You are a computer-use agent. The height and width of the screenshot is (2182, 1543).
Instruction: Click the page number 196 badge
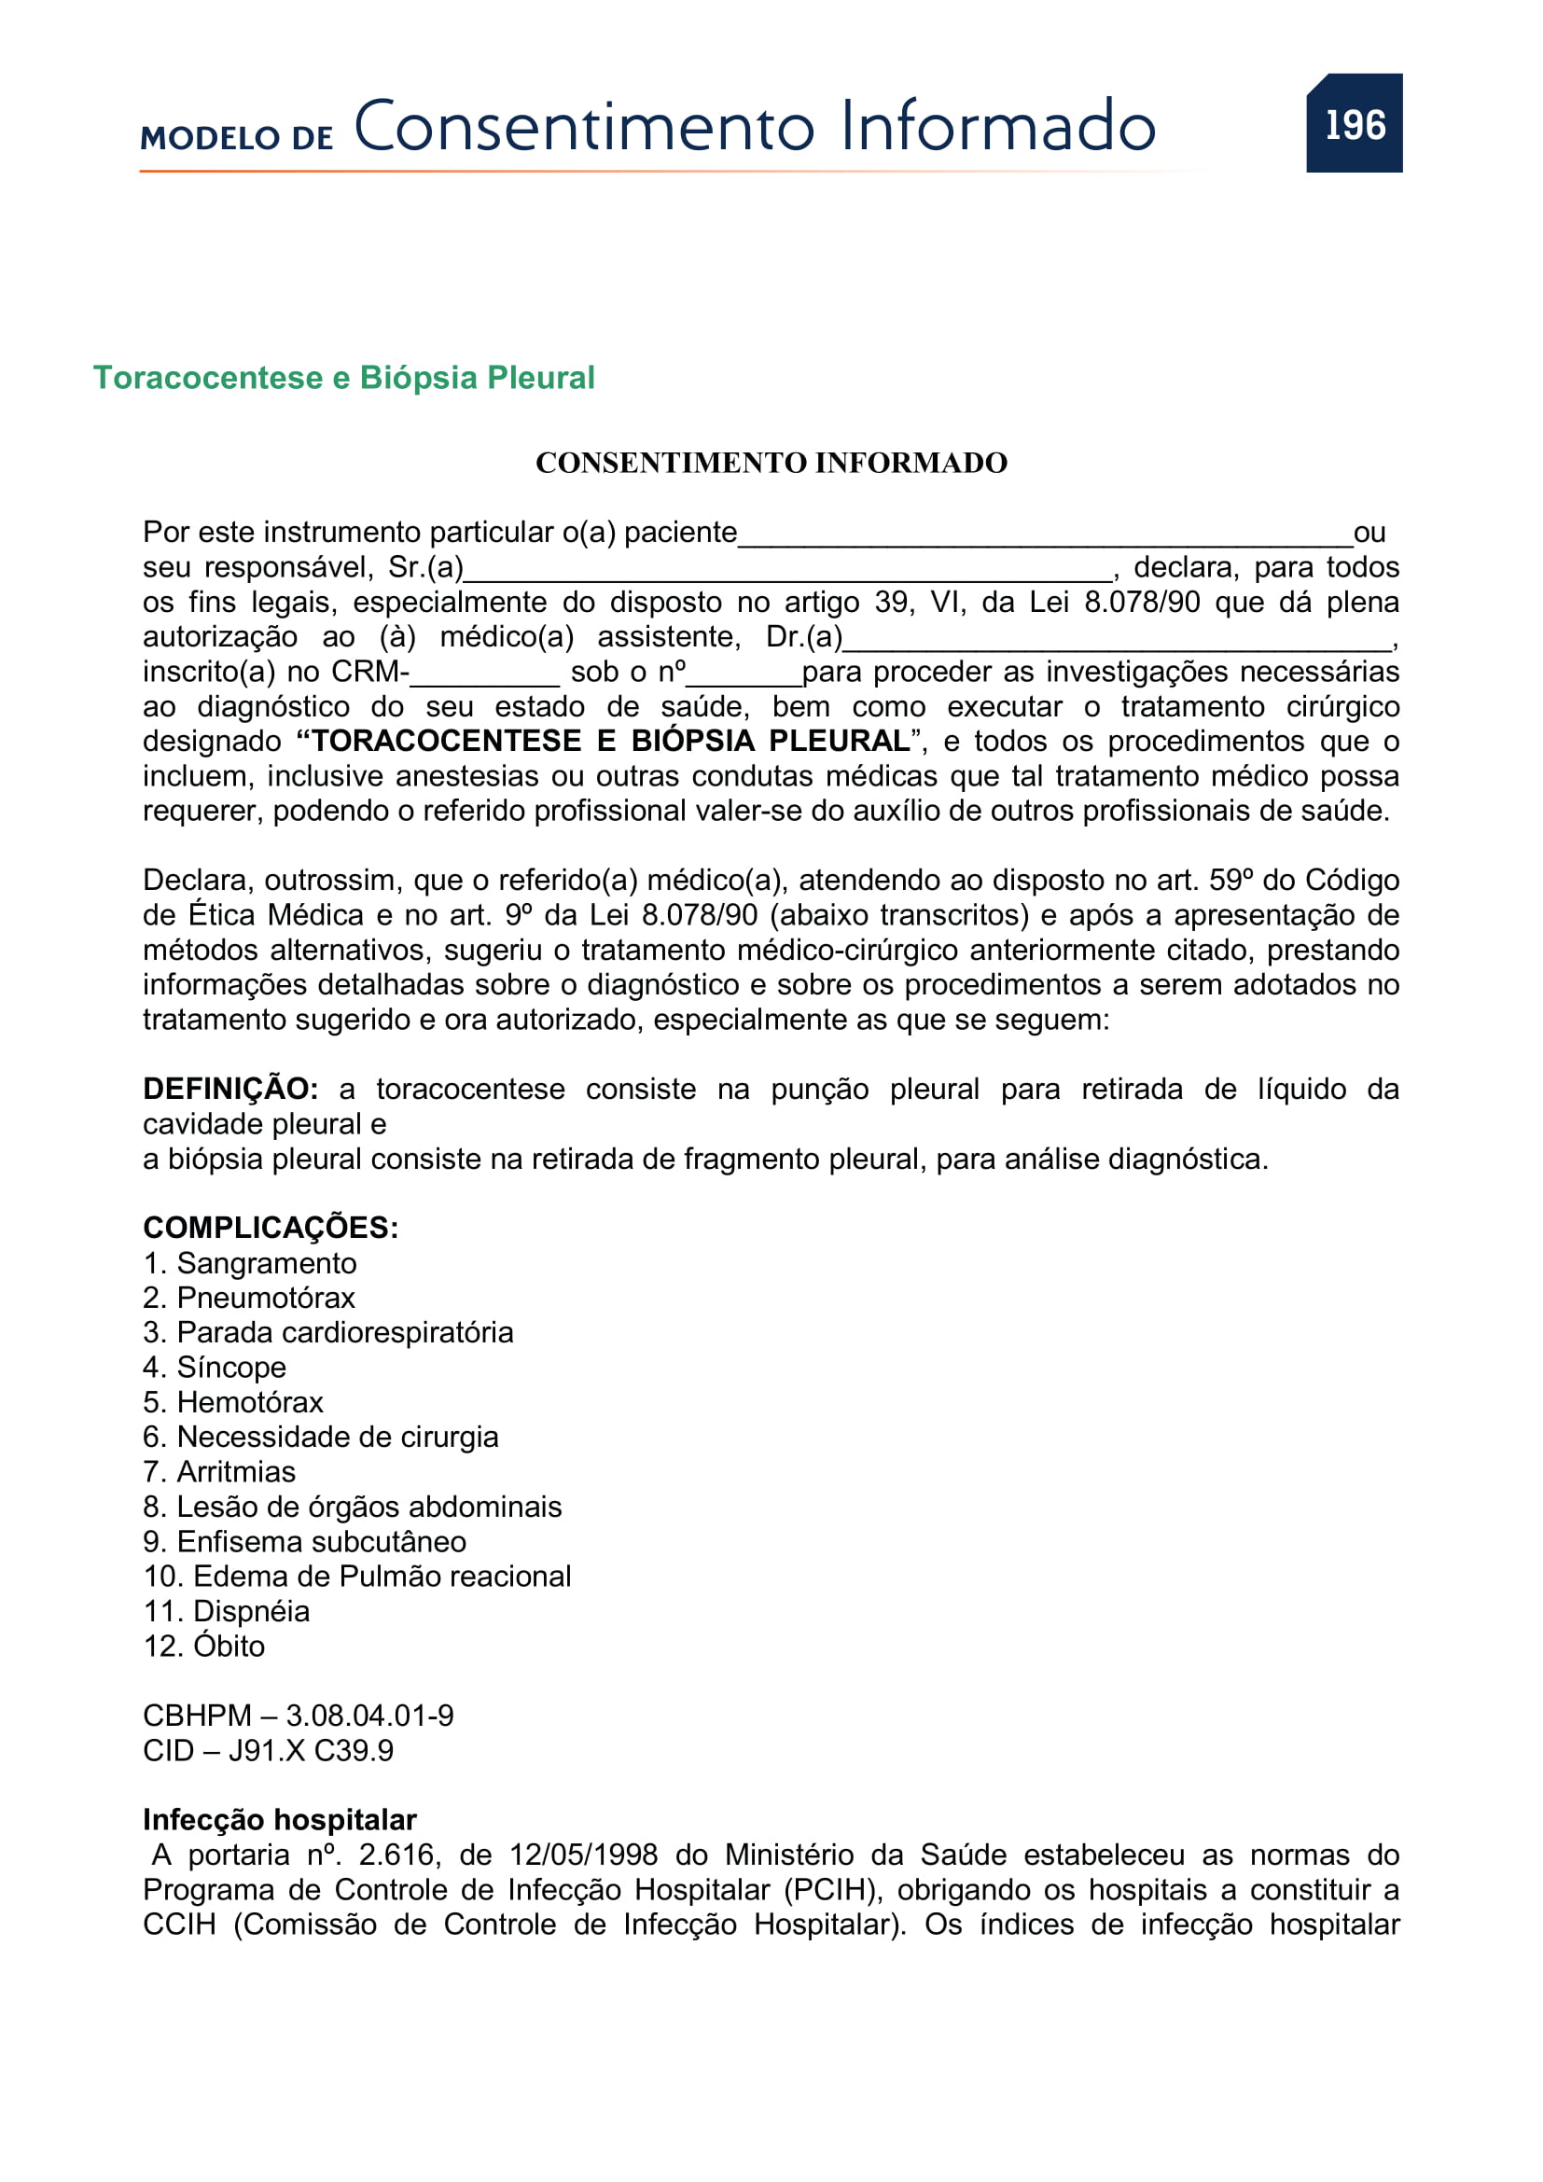tap(1354, 123)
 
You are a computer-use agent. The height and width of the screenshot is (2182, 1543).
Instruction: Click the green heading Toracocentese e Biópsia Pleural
tap(344, 377)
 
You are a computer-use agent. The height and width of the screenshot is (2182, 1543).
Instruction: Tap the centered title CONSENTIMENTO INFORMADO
tap(771, 463)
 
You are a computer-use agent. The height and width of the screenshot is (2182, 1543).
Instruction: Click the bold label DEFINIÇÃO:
tap(230, 1089)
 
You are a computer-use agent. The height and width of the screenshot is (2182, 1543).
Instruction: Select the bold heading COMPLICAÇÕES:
tap(271, 1228)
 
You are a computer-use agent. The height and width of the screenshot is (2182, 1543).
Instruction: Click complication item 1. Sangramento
tap(250, 1263)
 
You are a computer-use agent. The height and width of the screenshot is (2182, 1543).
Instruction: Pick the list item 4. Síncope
tap(215, 1368)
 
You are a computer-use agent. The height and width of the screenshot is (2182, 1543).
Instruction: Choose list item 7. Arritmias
tap(219, 1472)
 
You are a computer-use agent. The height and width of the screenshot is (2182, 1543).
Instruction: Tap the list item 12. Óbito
tap(204, 1646)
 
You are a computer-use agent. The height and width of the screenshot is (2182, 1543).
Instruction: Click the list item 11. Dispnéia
tap(226, 1612)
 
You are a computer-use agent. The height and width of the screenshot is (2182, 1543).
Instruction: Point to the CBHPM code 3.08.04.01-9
tap(369, 1716)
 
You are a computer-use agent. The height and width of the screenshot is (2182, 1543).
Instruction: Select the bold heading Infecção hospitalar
tap(279, 1820)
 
